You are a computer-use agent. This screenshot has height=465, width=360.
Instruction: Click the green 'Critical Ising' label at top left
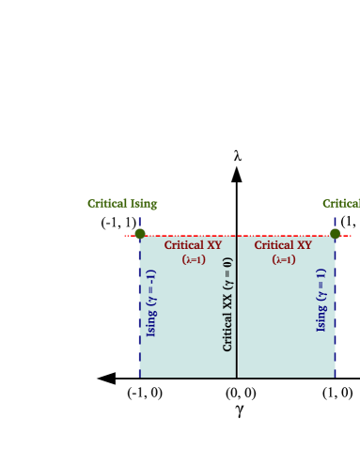tap(122, 204)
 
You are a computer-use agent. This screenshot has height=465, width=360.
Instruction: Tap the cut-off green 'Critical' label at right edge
tap(341, 204)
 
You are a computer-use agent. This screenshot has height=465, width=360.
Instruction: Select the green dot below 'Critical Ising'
tap(140, 234)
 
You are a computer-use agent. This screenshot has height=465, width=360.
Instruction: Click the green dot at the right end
tap(335, 234)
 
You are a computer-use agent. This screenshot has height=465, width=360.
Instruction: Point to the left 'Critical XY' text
tap(193, 246)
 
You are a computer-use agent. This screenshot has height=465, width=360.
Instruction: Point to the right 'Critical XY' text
tap(283, 246)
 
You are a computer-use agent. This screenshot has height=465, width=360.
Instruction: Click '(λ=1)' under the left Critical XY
tap(194, 260)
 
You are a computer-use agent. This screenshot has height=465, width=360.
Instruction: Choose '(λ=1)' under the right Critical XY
tap(284, 260)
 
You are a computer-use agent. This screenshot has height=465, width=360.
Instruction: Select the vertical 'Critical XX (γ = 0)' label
tap(227, 303)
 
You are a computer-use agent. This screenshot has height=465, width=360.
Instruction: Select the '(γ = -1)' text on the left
tap(152, 289)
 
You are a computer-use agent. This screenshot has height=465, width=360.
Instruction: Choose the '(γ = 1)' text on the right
tap(321, 287)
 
